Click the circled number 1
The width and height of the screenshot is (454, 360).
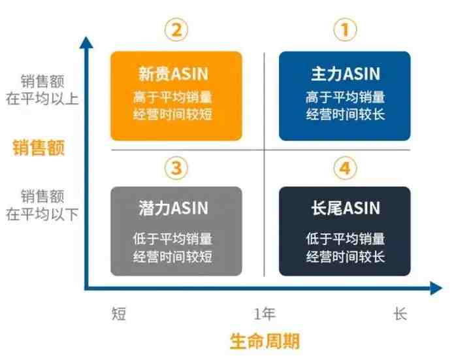coord(345,30)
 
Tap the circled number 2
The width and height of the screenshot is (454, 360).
coord(176,30)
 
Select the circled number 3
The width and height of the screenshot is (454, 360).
coord(176,168)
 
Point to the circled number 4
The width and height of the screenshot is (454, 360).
coord(345,168)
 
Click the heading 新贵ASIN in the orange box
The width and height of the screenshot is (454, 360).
coord(173,74)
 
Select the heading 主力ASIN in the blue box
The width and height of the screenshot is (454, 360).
coord(346,74)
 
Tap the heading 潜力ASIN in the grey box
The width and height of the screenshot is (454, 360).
coord(173,208)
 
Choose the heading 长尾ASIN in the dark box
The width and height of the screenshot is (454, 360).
coord(346,208)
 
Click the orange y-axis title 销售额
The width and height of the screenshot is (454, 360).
coord(39,148)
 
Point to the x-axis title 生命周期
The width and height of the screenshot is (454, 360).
coord(265,341)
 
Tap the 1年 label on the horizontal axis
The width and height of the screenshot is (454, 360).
coord(265,314)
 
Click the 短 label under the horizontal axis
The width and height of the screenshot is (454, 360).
coord(119,314)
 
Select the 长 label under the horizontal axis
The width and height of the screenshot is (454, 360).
coord(400,314)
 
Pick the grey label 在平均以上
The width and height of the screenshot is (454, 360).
coord(42,99)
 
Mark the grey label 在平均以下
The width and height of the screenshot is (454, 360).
coord(42,214)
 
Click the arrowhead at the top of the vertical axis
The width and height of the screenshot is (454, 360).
coord(86,42)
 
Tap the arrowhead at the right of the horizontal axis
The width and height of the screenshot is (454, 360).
coord(436,288)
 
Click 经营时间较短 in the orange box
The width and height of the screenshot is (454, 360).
coord(173,115)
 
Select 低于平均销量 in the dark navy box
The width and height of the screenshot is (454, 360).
coord(346,239)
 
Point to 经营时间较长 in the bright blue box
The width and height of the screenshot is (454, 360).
coord(346,115)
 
